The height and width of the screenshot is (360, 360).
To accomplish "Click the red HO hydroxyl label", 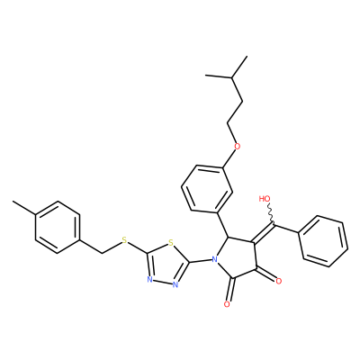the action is tap(265, 199).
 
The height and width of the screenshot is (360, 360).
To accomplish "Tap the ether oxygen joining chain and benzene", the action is tap(238, 147).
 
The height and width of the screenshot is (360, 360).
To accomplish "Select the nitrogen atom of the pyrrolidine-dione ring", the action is tap(214, 259).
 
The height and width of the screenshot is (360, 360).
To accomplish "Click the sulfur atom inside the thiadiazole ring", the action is tap(171, 242).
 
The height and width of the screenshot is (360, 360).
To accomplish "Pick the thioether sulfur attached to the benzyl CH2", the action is tap(125, 240).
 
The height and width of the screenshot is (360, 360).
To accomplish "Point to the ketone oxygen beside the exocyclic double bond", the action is tap(279, 281).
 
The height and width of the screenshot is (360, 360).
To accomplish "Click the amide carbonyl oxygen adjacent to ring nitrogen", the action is tap(227, 304).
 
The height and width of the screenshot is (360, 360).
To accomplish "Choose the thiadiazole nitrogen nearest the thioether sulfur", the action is tap(149, 280).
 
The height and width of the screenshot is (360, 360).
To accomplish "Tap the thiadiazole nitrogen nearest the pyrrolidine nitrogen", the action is tap(175, 284).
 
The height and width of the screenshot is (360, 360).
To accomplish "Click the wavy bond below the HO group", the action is tap(271, 213).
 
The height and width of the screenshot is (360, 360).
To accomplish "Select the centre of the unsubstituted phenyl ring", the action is tap(323, 241).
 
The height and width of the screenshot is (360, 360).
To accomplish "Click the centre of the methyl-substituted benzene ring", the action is tap(58, 227).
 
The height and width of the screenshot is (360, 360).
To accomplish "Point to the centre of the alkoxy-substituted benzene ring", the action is tap(207, 189).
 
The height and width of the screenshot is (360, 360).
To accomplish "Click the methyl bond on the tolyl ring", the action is tap(24, 208).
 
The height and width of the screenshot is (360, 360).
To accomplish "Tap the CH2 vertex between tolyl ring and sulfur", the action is tap(103, 253).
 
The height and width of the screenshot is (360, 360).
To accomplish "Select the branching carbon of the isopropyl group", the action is tap(231, 77).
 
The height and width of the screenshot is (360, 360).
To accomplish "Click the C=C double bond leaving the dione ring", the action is tap(264, 231).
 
